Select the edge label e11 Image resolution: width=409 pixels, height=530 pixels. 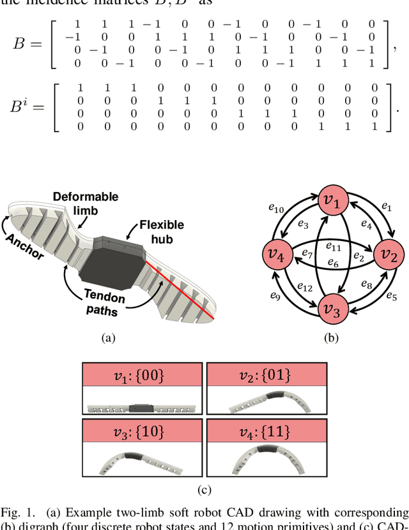[x=334, y=246]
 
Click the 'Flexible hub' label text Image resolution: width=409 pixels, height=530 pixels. [x=161, y=230]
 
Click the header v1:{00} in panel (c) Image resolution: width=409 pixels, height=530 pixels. [x=142, y=375]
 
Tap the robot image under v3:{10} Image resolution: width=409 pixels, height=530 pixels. [x=142, y=459]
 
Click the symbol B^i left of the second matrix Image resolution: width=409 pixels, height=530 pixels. [x=29, y=107]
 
